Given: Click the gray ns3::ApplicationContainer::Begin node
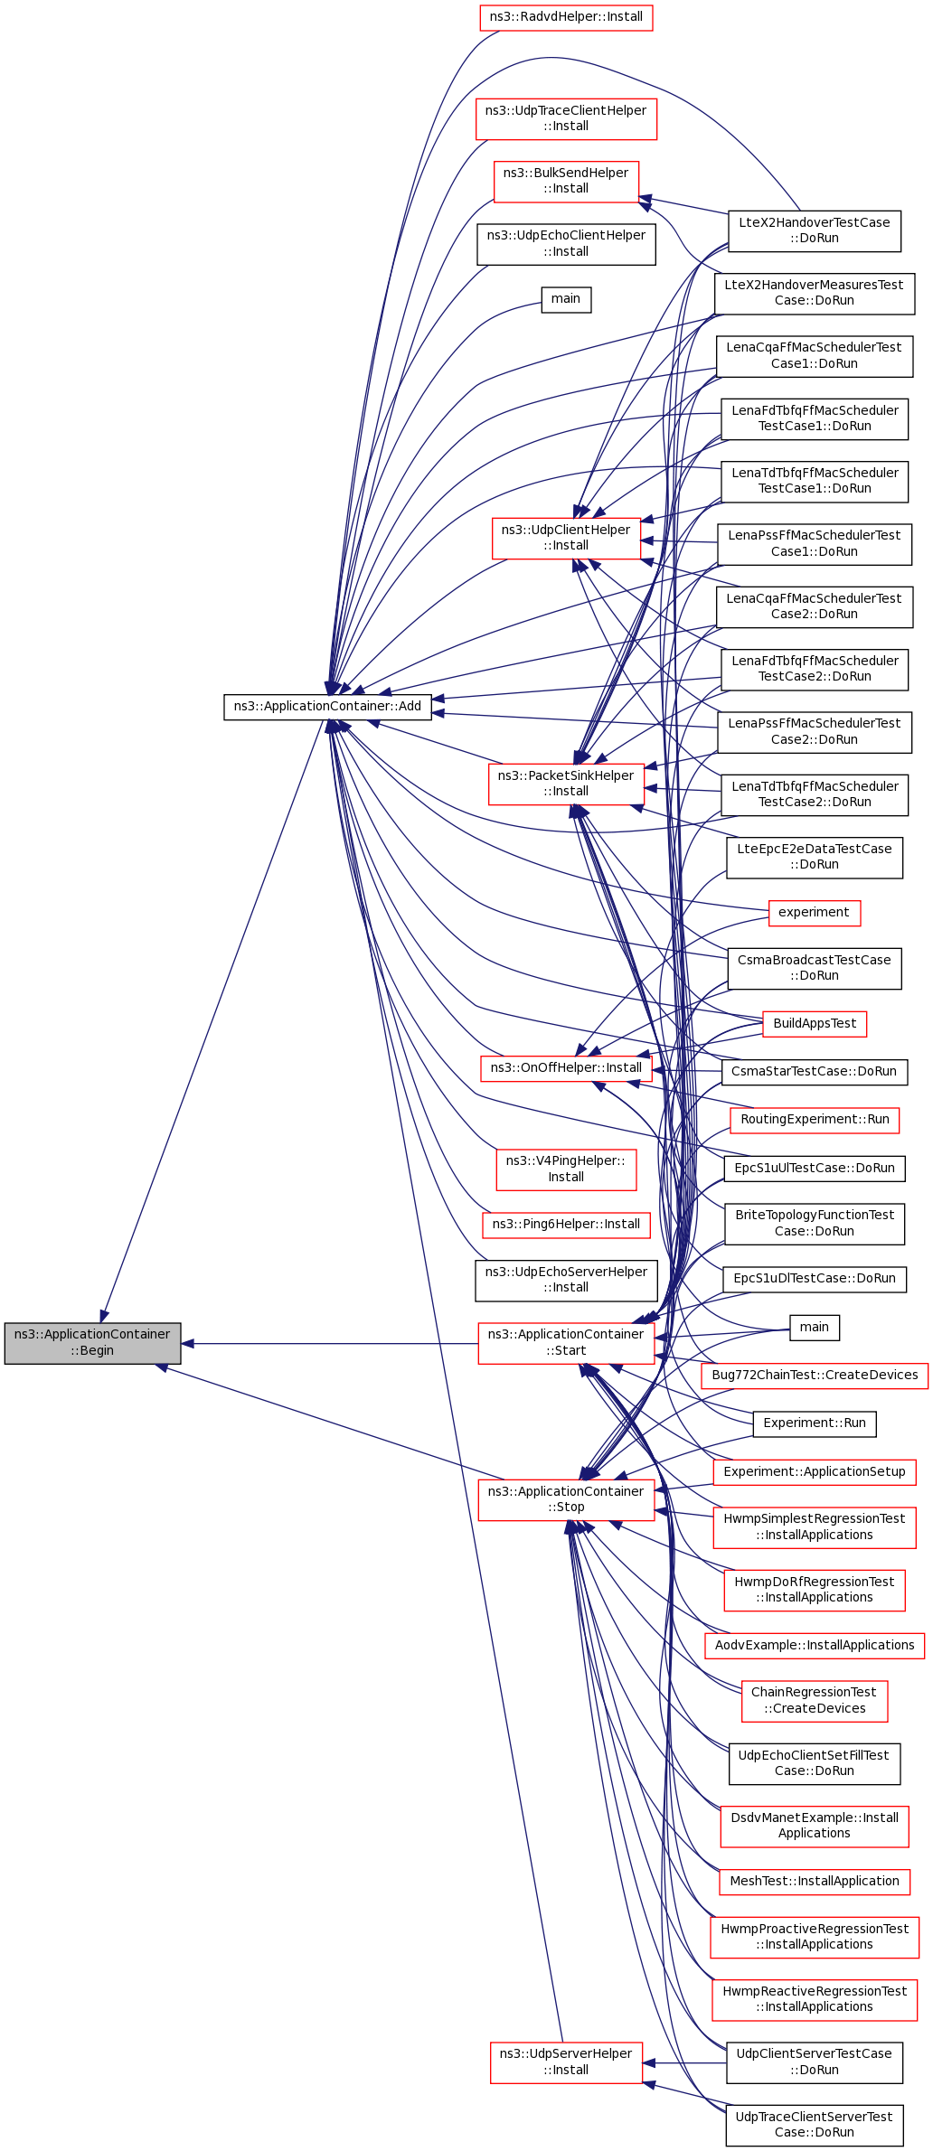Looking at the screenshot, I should pos(92,1343).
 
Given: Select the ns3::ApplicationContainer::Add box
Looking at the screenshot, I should pos(327,707).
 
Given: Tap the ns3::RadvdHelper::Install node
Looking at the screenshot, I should pos(566,17).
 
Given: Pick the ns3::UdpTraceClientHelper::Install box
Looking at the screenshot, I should pos(566,118).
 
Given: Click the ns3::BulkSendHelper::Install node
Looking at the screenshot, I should pos(566,181).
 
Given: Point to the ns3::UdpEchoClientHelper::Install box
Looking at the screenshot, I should pos(566,244).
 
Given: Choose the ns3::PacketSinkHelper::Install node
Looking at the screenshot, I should pos(566,784).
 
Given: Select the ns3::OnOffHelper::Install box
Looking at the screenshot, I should pos(566,1068).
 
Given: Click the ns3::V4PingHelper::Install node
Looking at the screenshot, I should pos(566,1169).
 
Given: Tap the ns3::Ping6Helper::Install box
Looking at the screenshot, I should pos(566,1225).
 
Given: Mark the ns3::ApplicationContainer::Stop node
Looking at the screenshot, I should pos(566,1499).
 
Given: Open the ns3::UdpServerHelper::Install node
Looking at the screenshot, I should pos(566,2062).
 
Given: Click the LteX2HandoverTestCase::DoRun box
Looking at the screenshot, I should pos(814,230).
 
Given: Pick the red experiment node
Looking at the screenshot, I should pos(814,913).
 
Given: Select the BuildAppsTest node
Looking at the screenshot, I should pos(815,1024).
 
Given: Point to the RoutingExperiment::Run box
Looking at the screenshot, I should pos(815,1120).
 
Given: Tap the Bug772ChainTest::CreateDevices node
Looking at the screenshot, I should pos(815,1376).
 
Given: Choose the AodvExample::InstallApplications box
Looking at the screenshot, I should pos(815,1646).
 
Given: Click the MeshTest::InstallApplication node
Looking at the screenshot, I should pos(815,1882).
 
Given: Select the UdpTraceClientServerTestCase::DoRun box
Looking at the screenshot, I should pos(815,2125).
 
